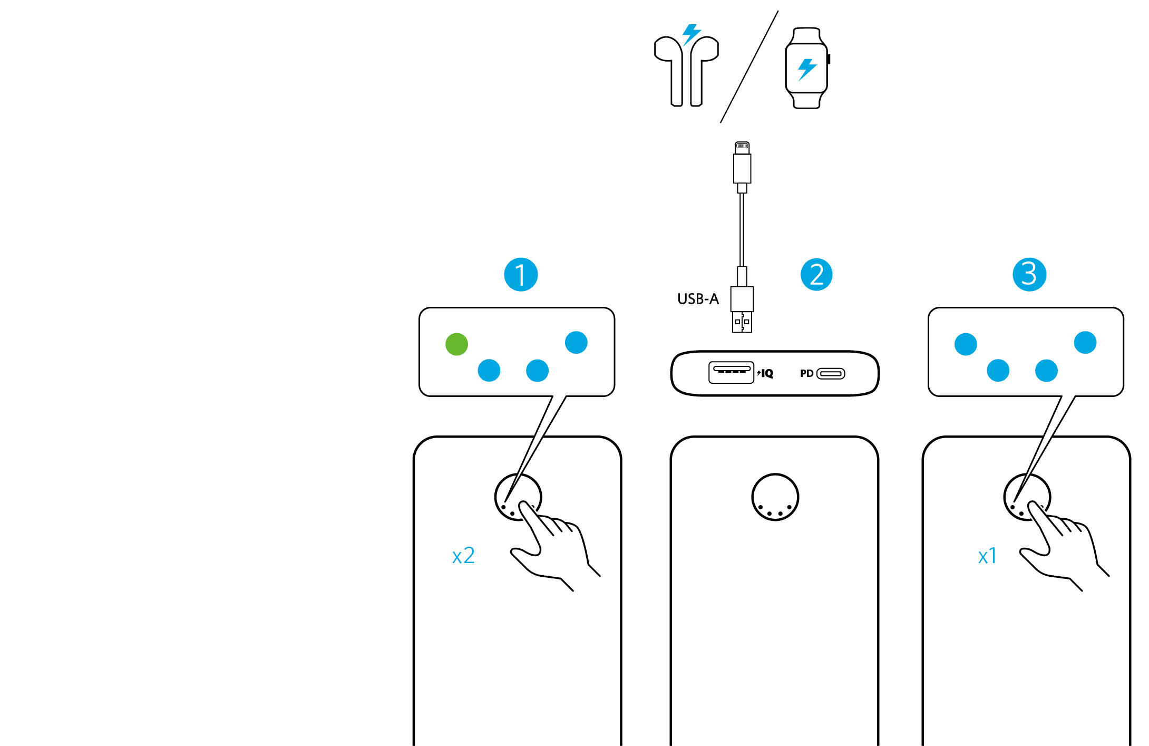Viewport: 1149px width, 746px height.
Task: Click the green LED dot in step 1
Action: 456,344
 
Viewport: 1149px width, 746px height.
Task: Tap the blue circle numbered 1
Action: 521,275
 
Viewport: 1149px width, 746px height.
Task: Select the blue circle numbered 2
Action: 816,275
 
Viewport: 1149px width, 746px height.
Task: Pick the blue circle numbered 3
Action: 1029,274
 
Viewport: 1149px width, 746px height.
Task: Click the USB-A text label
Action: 698,299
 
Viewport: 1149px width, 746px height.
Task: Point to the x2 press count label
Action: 463,556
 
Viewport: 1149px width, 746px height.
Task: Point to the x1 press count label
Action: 987,556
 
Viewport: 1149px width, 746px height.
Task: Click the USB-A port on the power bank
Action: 731,372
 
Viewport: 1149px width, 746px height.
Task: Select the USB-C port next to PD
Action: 831,374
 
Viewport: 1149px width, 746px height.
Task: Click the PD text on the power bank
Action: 806,374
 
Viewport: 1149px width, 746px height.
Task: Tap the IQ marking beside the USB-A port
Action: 766,374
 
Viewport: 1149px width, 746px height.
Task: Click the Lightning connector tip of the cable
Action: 742,146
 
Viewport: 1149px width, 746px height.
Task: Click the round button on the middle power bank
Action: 775,497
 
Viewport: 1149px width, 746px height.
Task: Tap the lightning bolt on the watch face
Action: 806,69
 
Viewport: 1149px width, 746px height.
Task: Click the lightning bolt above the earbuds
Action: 691,34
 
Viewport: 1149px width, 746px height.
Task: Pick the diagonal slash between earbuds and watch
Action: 749,67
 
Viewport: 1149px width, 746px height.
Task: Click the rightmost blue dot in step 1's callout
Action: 576,343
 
